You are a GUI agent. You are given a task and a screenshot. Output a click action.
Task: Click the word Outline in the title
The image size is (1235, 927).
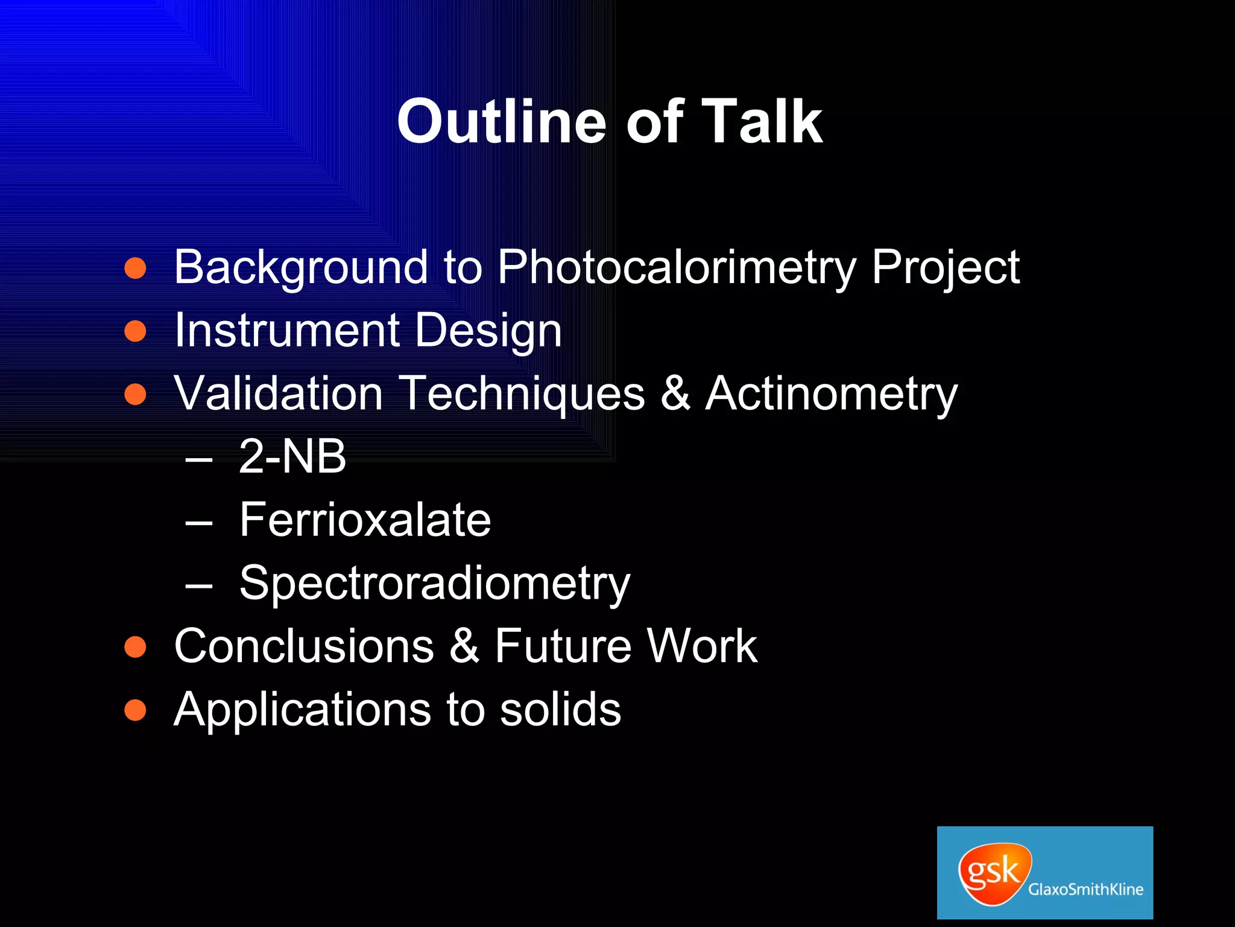501,122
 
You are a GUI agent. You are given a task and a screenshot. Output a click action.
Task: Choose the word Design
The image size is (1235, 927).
488,331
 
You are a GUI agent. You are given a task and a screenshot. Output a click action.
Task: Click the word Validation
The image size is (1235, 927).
278,393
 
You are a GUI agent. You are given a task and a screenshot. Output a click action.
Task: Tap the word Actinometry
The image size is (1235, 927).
832,394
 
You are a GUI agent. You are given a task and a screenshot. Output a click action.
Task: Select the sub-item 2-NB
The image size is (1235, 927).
292,456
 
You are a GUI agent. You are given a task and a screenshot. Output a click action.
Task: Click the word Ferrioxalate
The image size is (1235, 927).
365,520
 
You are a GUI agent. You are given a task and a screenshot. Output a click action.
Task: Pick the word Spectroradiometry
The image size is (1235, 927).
434,584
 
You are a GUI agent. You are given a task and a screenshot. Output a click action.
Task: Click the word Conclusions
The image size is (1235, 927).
303,646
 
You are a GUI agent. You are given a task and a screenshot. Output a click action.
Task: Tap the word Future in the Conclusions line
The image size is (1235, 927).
563,646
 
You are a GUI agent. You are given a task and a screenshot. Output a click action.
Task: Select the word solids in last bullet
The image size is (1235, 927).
560,709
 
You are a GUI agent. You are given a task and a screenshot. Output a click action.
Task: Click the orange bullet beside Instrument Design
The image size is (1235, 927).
136,331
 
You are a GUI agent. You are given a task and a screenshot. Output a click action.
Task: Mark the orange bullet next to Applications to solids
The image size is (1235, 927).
136,710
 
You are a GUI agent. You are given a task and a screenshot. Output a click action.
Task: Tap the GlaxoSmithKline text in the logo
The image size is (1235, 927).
1085,889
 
